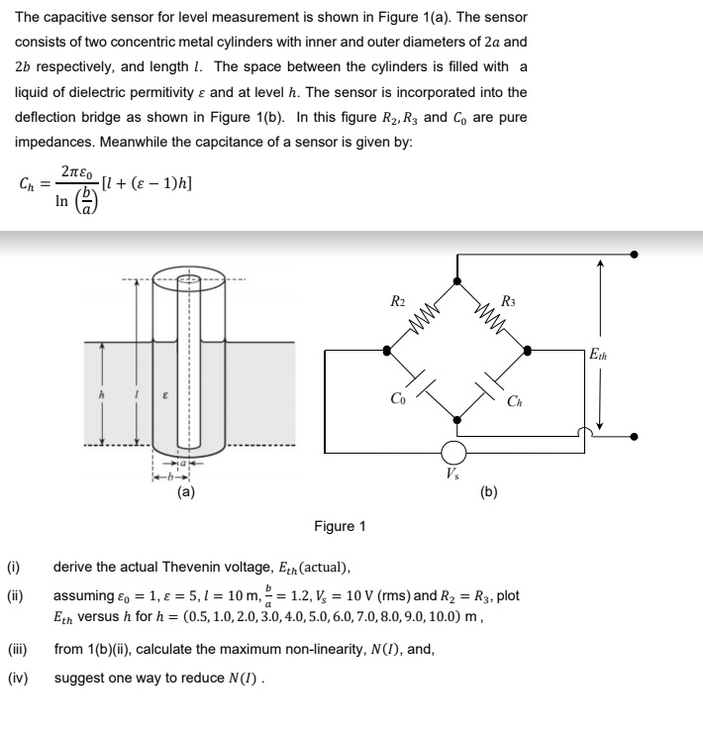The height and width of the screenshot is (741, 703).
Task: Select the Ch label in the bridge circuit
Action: [513, 400]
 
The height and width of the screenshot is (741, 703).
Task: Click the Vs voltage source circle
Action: [453, 452]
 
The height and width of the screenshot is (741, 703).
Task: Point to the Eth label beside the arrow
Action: [599, 354]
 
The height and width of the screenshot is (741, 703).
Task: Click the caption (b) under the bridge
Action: [489, 489]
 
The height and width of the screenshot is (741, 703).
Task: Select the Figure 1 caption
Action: [340, 526]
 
